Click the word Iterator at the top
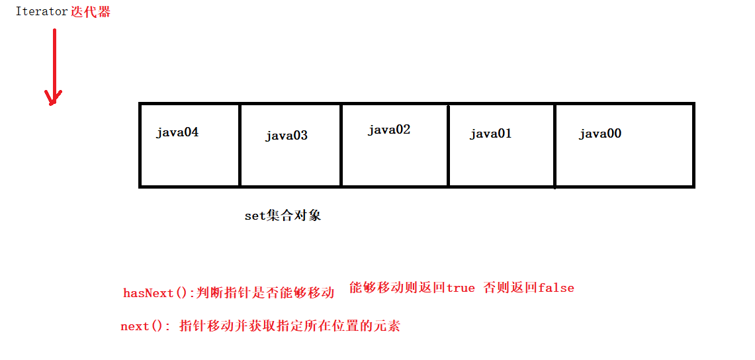coord(42,12)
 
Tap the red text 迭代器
coord(91,12)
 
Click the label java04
coord(177,132)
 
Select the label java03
coord(287,136)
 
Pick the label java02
coord(389,130)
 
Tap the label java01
coord(491,134)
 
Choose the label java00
coord(600,134)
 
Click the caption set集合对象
coord(283,216)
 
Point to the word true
coord(461,288)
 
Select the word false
coord(556,288)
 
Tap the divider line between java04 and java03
coord(240,145)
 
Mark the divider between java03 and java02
coord(341,145)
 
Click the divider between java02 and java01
coord(448,145)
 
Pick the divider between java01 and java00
coord(555,145)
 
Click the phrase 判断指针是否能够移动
coord(265,293)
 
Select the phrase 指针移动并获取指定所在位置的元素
coord(290,326)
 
